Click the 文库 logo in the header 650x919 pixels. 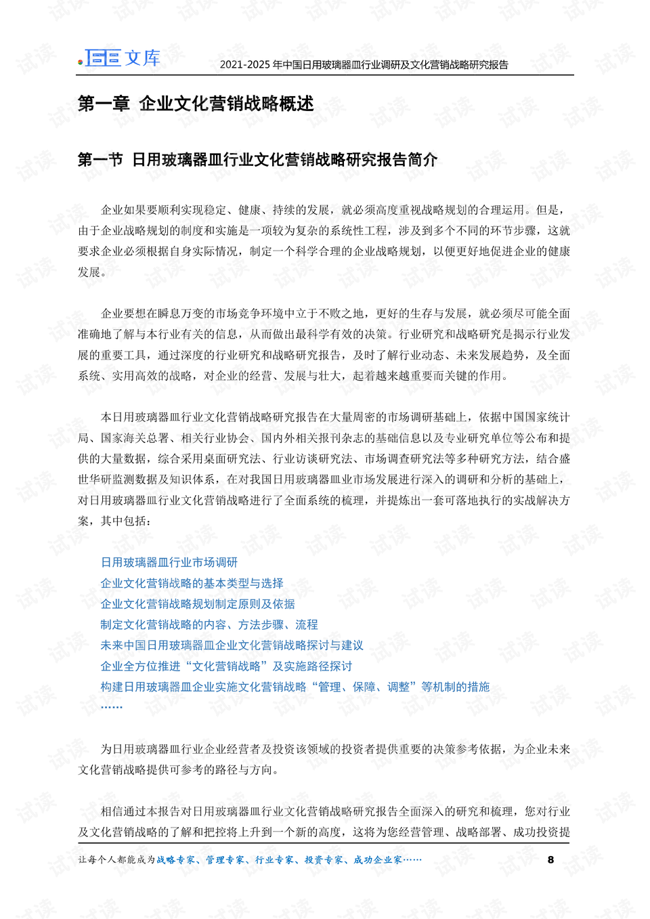click(x=121, y=58)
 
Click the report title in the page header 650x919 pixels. click(x=364, y=65)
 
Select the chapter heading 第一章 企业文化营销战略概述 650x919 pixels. click(x=196, y=104)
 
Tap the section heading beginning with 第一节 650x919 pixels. click(x=257, y=160)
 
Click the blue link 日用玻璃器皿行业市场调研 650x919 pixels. click(x=169, y=562)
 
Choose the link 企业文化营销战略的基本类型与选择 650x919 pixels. click(x=192, y=583)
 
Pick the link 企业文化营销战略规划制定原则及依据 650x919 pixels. click(x=198, y=604)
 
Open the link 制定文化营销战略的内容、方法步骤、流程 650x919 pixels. click(x=209, y=624)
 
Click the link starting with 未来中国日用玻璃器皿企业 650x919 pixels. click(x=232, y=645)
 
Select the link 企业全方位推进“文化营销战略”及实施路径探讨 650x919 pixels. click(x=226, y=666)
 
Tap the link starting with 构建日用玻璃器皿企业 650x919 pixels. click(x=295, y=687)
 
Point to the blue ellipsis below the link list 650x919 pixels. click(x=112, y=706)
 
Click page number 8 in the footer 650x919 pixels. click(x=550, y=859)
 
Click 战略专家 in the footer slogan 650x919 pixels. click(x=176, y=860)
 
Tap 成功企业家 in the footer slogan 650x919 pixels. click(x=377, y=860)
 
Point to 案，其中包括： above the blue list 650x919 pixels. click(x=114, y=521)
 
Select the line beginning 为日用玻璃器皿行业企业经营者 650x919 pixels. click(x=335, y=749)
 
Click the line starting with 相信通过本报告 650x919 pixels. click(x=335, y=811)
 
